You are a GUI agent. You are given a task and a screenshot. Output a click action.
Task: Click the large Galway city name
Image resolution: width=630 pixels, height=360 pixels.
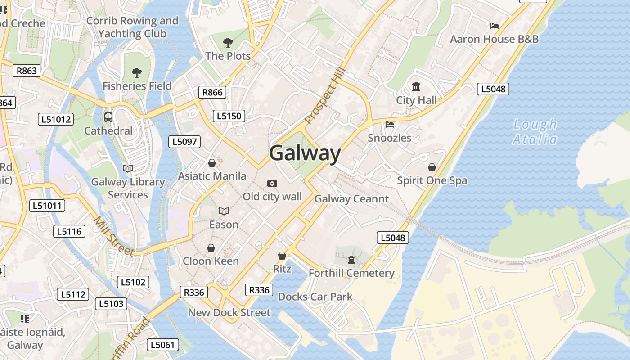click(305, 153)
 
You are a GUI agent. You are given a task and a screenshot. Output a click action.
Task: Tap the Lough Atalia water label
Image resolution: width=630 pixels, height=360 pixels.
click(535, 131)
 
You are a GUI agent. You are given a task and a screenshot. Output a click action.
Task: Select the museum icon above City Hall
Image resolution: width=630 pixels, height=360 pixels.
click(416, 86)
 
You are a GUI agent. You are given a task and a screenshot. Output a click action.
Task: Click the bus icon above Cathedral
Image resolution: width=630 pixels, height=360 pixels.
click(108, 117)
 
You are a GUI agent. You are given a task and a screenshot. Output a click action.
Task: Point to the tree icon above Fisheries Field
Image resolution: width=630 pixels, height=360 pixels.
click(137, 72)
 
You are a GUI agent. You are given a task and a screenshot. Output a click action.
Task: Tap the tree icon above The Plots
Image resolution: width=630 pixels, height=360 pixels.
click(228, 43)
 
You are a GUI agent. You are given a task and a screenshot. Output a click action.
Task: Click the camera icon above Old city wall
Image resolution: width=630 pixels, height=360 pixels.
click(272, 183)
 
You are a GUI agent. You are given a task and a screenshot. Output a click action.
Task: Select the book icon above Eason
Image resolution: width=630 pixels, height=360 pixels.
click(224, 211)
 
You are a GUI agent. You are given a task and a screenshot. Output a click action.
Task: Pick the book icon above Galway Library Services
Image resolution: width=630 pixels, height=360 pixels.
click(128, 168)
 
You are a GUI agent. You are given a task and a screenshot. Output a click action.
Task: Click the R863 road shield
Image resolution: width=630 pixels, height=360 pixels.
click(27, 71)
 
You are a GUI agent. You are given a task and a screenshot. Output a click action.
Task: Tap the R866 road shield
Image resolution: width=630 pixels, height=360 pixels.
click(212, 92)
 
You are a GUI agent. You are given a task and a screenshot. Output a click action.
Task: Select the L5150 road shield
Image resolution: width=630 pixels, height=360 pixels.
click(229, 116)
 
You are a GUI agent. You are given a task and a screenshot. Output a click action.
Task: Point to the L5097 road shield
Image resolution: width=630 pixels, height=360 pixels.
click(184, 142)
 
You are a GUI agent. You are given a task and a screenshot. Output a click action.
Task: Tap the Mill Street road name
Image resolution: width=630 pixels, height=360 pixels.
click(114, 236)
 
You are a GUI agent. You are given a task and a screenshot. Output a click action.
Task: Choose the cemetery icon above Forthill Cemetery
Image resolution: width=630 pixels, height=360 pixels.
click(351, 260)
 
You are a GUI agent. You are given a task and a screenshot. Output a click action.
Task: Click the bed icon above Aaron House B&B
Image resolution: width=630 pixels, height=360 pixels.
click(495, 26)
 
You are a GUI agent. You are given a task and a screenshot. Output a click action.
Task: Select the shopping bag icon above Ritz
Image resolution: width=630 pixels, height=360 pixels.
click(282, 256)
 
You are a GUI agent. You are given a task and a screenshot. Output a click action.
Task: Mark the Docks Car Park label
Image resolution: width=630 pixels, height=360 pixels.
click(315, 297)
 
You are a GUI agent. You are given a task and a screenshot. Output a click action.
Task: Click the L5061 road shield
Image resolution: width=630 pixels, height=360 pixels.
click(163, 345)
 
